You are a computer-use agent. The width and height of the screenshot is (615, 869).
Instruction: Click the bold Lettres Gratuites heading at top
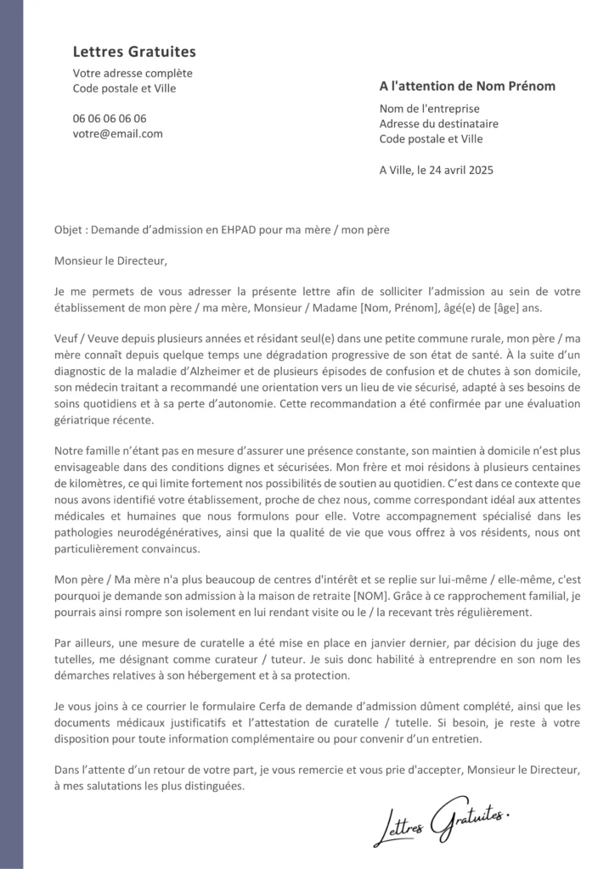(x=134, y=53)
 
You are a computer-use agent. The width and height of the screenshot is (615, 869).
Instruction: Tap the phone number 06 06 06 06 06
(x=110, y=119)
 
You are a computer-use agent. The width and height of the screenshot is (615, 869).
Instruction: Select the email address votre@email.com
(x=118, y=134)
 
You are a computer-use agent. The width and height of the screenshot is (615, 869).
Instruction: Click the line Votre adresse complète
(x=133, y=74)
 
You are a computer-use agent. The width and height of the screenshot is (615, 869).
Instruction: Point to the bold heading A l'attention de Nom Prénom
(x=467, y=87)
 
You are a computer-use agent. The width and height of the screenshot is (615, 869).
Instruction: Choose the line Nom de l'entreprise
(x=429, y=109)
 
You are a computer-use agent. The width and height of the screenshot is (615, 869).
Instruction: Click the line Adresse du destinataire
(x=438, y=124)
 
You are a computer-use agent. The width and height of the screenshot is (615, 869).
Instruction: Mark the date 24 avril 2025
(x=464, y=170)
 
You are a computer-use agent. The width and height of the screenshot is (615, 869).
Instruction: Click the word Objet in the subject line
(x=68, y=230)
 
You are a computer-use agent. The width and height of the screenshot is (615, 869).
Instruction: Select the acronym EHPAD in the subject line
(x=246, y=230)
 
